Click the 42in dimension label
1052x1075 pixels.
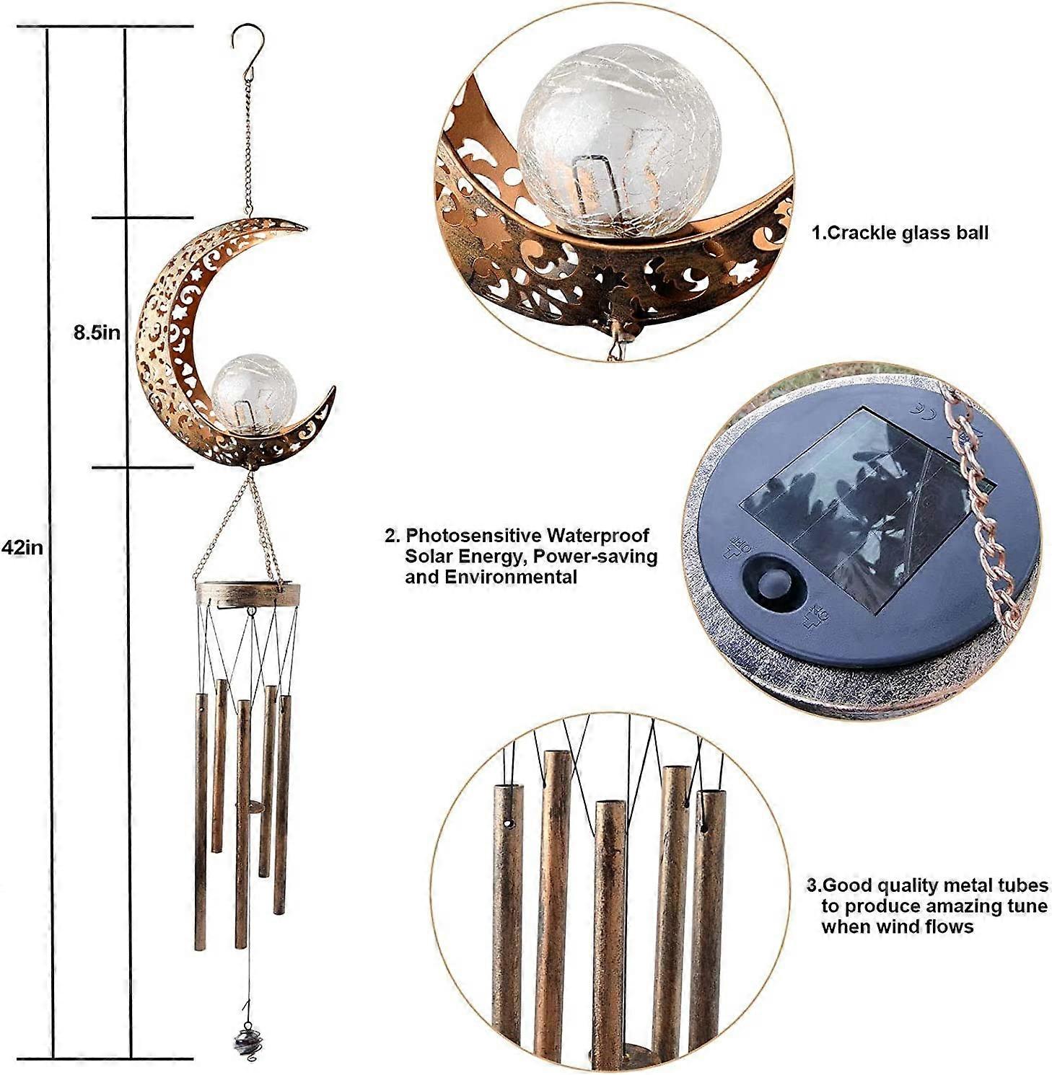[22, 547]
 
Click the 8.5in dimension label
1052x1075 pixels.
[96, 332]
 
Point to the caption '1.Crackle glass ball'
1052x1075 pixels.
[900, 233]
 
